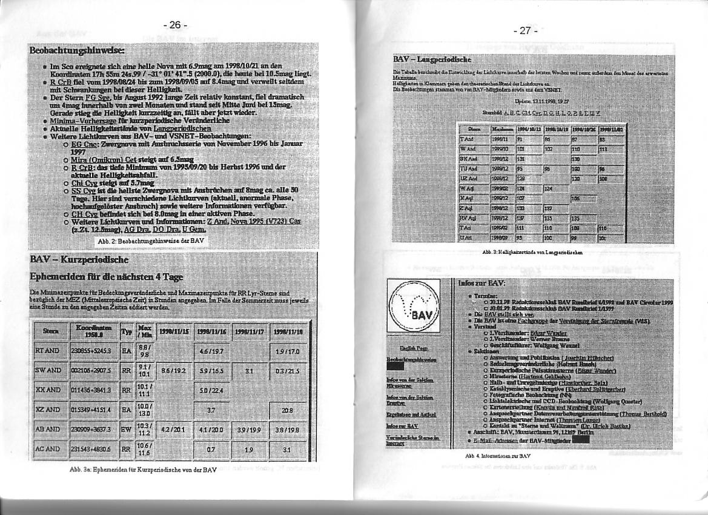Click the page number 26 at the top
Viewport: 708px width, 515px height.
175,25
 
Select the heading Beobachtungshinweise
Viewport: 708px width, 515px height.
77,50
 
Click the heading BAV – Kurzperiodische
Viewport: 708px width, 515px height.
79,260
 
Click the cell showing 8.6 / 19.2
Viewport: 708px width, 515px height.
174,369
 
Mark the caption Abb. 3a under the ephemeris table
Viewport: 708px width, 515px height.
143,470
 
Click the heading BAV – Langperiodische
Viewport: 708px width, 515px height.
432,59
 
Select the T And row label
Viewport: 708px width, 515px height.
467,139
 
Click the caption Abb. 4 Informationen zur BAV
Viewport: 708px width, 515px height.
489,455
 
